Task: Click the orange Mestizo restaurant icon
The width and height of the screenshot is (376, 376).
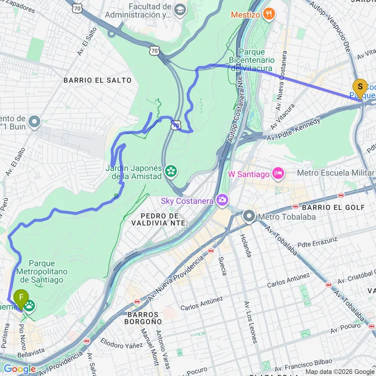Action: click(x=270, y=14)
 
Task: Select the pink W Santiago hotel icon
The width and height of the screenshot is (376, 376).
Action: click(x=277, y=173)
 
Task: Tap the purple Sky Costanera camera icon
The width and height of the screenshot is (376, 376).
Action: click(x=222, y=201)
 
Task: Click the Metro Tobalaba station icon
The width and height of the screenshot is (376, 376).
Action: click(x=249, y=217)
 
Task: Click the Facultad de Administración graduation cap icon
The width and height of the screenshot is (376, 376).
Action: click(x=179, y=10)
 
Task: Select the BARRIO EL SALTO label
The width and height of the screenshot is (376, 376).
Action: click(x=97, y=80)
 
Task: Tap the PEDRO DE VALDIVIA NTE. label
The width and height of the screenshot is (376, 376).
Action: click(x=160, y=219)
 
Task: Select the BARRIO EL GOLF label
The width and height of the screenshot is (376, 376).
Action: click(x=324, y=207)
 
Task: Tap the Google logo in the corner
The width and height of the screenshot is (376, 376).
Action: click(x=19, y=369)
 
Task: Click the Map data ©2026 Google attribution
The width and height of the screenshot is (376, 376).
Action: click(x=340, y=371)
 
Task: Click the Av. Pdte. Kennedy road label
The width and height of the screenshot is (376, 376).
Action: click(x=293, y=130)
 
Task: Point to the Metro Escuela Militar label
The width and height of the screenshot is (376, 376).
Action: click(x=335, y=173)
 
